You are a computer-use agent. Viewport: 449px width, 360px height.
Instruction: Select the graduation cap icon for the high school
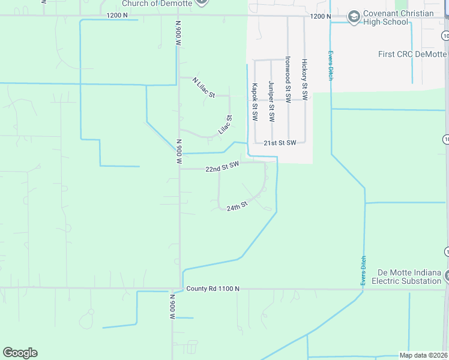pyautogui.click(x=354, y=16)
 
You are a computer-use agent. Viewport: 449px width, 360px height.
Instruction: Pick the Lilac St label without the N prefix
pyautogui.click(x=224, y=125)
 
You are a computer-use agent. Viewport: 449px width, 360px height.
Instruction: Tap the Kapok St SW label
pyautogui.click(x=255, y=102)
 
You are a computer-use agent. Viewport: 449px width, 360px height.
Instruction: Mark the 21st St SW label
pyautogui.click(x=280, y=143)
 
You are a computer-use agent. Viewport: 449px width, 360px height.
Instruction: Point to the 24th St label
pyautogui.click(x=237, y=206)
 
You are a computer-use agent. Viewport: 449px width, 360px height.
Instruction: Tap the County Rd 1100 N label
pyautogui.click(x=212, y=289)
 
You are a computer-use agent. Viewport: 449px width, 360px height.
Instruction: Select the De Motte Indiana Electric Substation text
pyautogui.click(x=406, y=277)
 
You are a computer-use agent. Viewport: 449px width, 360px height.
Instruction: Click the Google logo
pyautogui.click(x=20, y=353)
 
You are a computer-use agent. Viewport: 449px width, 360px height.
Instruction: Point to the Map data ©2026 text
pyautogui.click(x=423, y=355)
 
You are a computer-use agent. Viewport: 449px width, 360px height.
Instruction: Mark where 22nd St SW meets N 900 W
pyautogui.click(x=179, y=169)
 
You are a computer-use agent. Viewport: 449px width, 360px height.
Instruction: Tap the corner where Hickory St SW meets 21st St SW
pyautogui.click(x=305, y=142)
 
